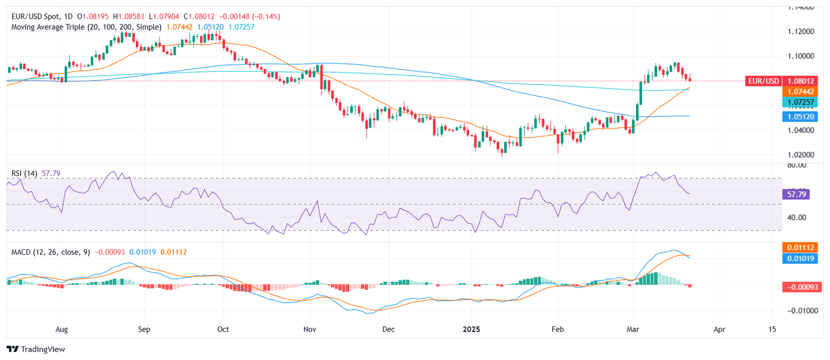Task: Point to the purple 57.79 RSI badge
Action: [x=795, y=194]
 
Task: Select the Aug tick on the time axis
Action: [x=62, y=329]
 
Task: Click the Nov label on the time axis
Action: [x=309, y=329]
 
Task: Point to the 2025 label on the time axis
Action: [x=472, y=329]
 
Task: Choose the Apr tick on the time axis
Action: [x=719, y=329]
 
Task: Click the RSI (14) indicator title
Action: [x=24, y=173]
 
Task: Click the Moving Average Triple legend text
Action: [x=86, y=26]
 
